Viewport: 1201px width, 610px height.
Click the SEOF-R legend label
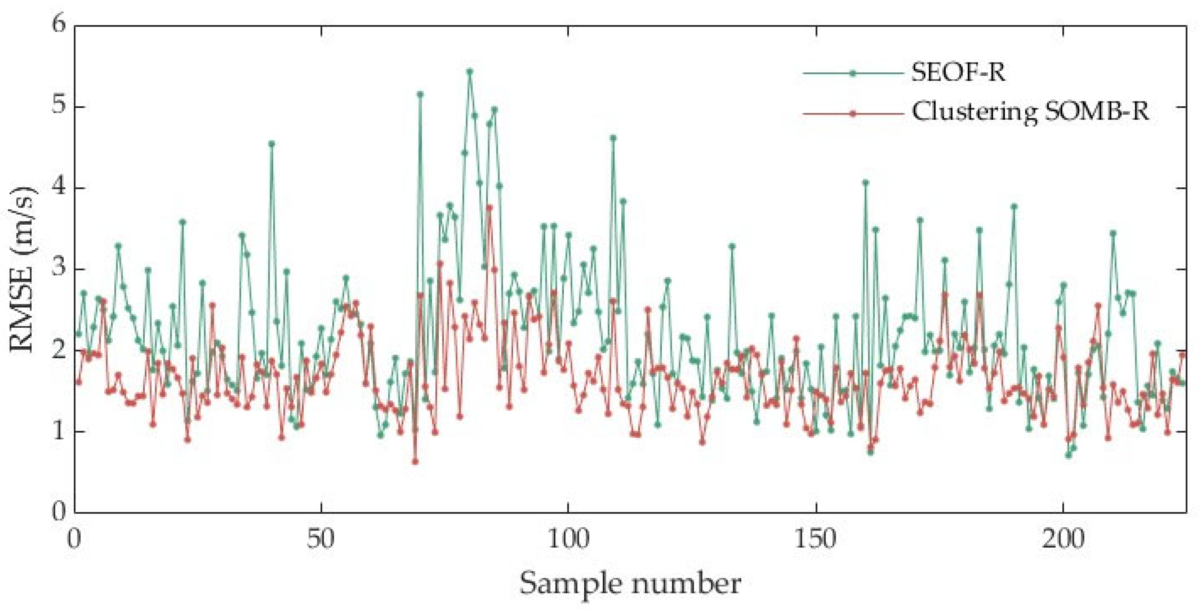pyautogui.click(x=958, y=73)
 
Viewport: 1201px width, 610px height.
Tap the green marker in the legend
pyautogui.click(x=853, y=74)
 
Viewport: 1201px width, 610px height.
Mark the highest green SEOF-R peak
pyautogui.click(x=469, y=71)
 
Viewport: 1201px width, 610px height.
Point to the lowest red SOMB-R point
pyautogui.click(x=415, y=462)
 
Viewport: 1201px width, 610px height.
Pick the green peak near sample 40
pyautogui.click(x=272, y=144)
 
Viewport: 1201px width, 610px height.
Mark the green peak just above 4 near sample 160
pyautogui.click(x=866, y=183)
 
